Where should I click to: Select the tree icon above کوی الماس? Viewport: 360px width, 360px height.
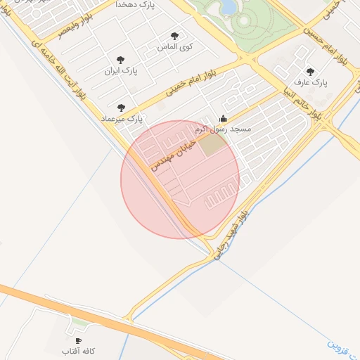pyautogui.click(x=174, y=36)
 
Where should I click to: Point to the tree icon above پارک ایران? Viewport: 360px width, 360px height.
pyautogui.click(x=121, y=60)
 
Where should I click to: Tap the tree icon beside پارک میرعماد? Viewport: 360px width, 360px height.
pyautogui.click(x=121, y=108)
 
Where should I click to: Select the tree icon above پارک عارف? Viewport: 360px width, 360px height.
pyautogui.click(x=310, y=72)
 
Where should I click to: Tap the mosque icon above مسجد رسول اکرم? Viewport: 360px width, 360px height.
pyautogui.click(x=224, y=118)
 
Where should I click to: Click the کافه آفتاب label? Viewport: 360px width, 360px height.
pyautogui.click(x=78, y=350)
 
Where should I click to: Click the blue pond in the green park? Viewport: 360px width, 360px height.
pyautogui.click(x=229, y=6)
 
